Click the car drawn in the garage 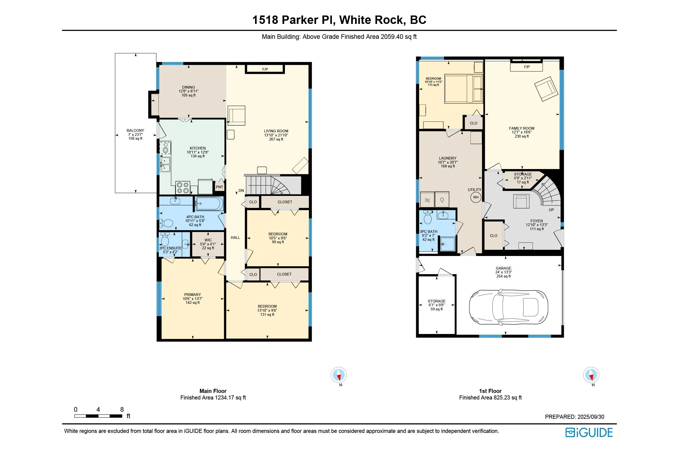coord(508,307)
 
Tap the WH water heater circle coord(476,197)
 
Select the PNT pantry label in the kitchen coord(219,187)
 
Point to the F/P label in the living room coord(265,69)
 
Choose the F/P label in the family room coord(527,67)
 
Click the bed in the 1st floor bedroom coord(463,89)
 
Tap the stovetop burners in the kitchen coord(183,188)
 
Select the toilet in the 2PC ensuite coord(165,239)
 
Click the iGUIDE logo coord(589,433)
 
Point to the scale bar coord(98,416)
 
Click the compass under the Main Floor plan coord(339,375)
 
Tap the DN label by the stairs coord(241,191)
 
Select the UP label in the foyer coord(551,210)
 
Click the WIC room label coord(208,240)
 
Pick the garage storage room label coord(436,301)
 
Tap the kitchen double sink coord(165,164)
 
